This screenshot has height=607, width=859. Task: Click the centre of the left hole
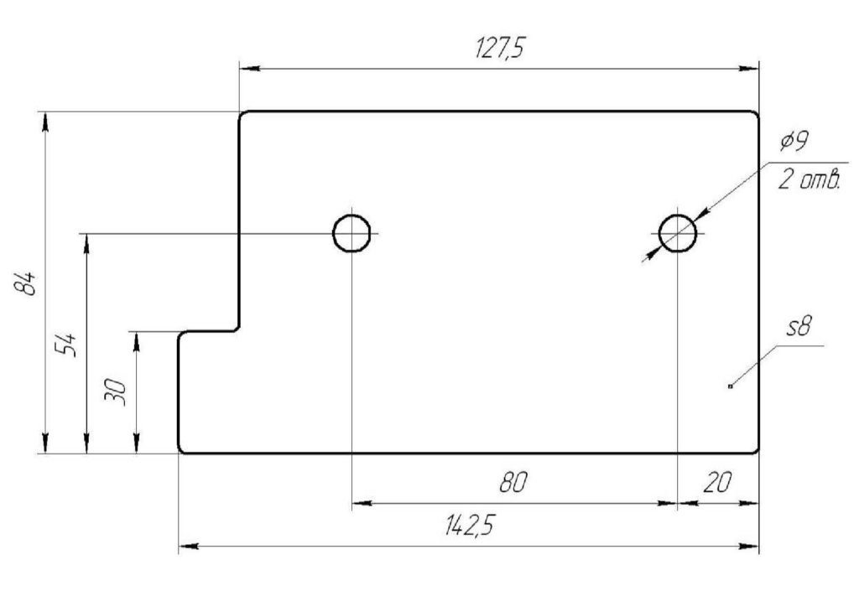click(351, 233)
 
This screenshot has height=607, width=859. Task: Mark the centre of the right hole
click(678, 233)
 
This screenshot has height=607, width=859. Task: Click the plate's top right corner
click(758, 112)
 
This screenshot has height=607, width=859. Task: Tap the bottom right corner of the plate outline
click(758, 454)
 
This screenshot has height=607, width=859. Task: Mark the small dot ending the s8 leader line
click(731, 387)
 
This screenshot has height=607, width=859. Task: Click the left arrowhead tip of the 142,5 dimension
click(180, 546)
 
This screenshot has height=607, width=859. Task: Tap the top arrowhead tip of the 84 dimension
click(45, 112)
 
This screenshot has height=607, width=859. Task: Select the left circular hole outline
click(351, 233)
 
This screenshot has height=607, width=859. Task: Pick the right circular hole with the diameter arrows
click(678, 233)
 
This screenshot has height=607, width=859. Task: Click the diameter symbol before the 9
click(786, 142)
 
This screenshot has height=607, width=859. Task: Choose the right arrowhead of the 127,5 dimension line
click(749, 69)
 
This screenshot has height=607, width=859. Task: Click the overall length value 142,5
click(470, 526)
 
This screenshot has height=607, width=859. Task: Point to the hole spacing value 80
click(513, 483)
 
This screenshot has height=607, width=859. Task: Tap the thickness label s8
click(799, 327)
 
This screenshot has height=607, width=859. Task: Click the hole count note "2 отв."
click(810, 179)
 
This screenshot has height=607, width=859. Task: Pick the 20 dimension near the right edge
click(716, 483)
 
